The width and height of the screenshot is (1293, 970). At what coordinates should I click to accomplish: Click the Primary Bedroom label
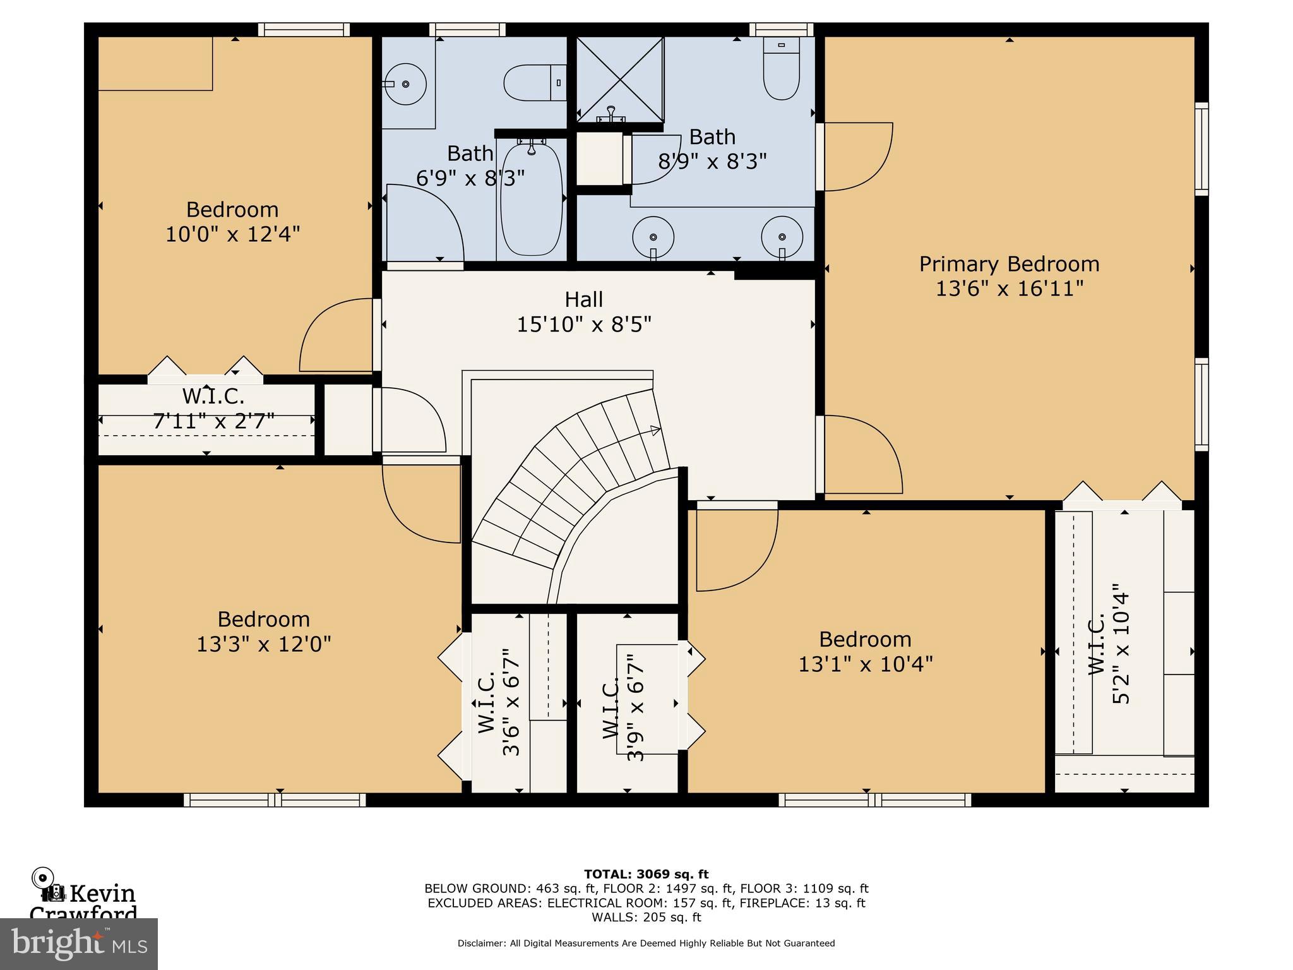click(x=1008, y=264)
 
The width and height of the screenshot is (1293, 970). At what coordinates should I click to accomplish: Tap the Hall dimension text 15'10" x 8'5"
click(x=584, y=325)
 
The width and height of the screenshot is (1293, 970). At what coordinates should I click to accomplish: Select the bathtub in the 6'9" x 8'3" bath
click(x=531, y=201)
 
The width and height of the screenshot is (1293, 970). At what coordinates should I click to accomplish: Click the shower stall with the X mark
click(x=620, y=79)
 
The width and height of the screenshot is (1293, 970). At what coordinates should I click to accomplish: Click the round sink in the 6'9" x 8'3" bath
click(x=406, y=83)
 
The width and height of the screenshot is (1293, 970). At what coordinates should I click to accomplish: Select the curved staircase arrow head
click(x=655, y=431)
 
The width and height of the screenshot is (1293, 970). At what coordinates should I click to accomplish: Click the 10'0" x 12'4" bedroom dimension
click(x=232, y=234)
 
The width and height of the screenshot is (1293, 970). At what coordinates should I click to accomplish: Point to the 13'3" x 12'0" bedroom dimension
click(x=263, y=644)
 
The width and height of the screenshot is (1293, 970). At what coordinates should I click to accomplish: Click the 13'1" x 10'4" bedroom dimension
click(x=865, y=664)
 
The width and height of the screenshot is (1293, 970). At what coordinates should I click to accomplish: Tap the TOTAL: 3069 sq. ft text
click(x=646, y=874)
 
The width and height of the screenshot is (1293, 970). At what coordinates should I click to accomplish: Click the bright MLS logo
click(x=78, y=943)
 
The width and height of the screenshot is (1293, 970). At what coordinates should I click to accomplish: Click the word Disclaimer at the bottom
click(x=481, y=943)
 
